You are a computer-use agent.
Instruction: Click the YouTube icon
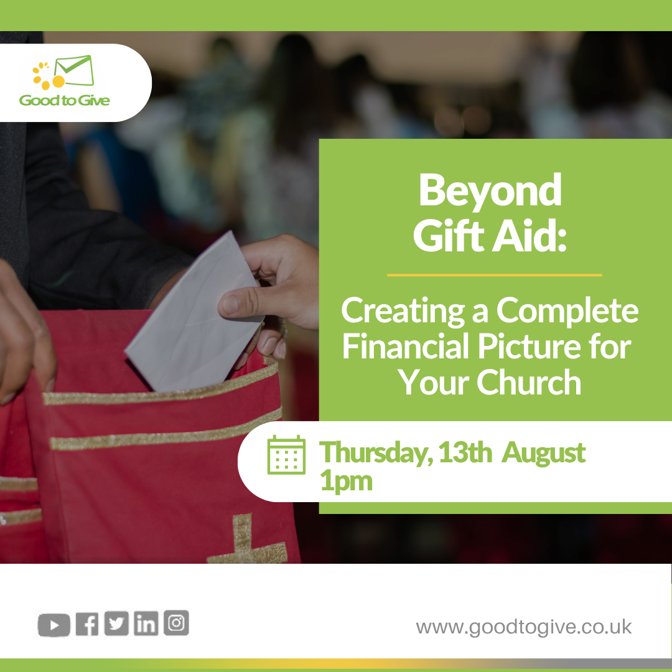click(54, 625)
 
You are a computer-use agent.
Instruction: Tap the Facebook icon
click(87, 624)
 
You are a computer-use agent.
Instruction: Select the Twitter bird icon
click(116, 623)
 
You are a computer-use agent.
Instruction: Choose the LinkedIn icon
click(146, 623)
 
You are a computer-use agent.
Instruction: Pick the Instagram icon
click(176, 622)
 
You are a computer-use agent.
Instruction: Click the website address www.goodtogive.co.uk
click(524, 627)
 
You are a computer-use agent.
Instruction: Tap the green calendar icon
click(286, 455)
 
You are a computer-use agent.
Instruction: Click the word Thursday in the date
click(376, 452)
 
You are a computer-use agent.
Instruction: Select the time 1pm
click(347, 481)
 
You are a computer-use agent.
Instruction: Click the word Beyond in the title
click(490, 192)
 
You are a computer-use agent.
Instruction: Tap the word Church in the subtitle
click(529, 382)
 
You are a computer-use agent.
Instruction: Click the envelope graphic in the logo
click(74, 70)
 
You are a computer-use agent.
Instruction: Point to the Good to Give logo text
click(64, 100)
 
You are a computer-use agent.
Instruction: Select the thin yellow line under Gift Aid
click(494, 275)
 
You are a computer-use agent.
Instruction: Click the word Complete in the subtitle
click(567, 310)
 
